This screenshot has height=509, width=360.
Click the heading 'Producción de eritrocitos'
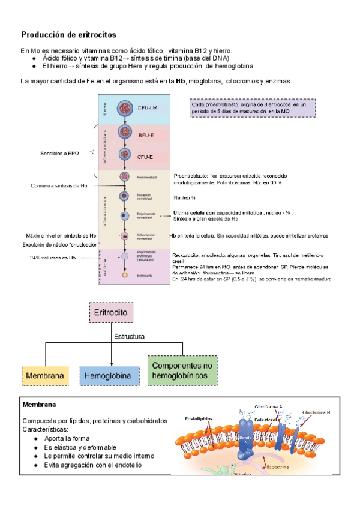(69, 35)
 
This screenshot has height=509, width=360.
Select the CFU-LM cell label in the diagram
(148, 109)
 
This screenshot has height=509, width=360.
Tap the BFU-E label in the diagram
(145, 136)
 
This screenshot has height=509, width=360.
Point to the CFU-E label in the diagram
(145, 157)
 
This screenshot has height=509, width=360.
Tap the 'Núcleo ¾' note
(184, 197)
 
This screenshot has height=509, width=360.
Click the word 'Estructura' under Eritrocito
(130, 337)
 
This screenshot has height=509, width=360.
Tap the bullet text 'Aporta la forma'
(66, 439)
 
